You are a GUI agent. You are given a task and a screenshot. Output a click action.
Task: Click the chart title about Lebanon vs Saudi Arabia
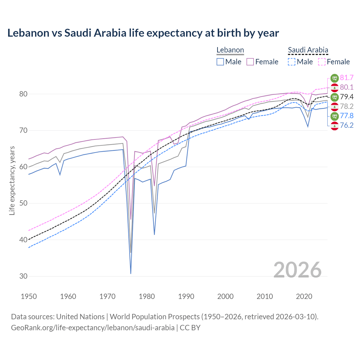pos(143,33)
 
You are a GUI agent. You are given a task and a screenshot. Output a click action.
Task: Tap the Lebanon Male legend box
pos(220,62)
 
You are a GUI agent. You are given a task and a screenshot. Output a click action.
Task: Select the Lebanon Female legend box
pos(250,62)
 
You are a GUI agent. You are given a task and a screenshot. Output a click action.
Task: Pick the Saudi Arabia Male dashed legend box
pos(292,62)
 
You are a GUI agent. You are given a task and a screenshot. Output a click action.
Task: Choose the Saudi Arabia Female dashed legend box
pos(322,62)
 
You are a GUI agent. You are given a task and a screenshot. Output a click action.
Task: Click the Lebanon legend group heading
pos(230,50)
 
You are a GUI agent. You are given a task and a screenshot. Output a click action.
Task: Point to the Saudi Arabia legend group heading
pos(308,50)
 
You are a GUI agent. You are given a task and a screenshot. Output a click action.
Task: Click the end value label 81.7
pos(347,78)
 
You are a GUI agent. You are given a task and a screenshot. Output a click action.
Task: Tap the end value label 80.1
pos(347,87)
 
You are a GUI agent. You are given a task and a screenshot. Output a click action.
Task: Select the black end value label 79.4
pos(347,97)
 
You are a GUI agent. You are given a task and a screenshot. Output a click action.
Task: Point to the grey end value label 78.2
pos(347,106)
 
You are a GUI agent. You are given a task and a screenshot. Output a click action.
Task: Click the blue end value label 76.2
pos(347,125)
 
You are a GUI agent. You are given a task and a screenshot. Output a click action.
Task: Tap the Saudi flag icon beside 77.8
pos(334,116)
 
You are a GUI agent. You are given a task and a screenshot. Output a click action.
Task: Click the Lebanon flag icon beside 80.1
pos(334,87)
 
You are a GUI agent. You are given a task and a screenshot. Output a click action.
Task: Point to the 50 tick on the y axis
pos(23,203)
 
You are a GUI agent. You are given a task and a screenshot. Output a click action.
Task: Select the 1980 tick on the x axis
pos(147,296)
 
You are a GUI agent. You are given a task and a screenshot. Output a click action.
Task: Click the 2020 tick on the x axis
pos(304,296)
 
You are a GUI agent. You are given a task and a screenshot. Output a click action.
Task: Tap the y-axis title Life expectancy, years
pos(12,180)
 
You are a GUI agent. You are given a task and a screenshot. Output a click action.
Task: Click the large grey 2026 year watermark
pos(298,270)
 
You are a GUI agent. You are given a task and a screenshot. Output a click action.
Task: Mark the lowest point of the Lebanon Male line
pos(131,273)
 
